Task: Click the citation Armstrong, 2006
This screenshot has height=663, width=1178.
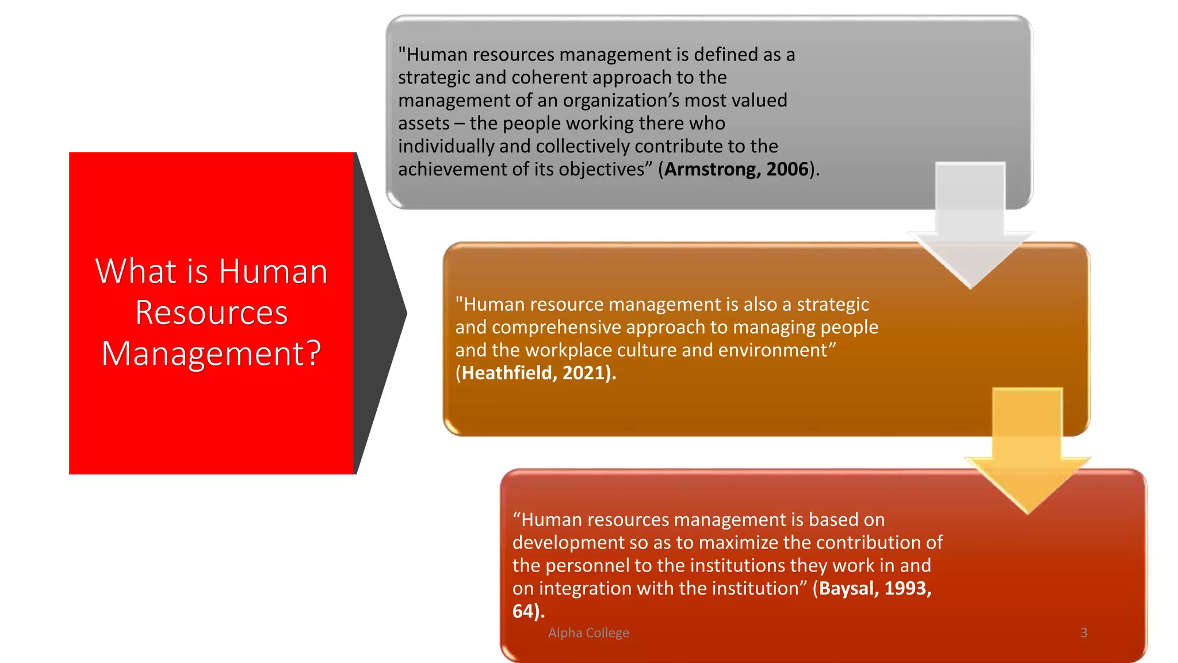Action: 736,169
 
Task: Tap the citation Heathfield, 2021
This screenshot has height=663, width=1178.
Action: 536,373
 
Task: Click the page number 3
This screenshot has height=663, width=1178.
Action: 1084,632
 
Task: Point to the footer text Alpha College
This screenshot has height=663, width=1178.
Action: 588,632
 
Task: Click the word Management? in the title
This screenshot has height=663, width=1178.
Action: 211,353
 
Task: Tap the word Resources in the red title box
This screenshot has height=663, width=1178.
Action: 211,313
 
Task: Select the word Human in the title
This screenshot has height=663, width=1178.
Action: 273,271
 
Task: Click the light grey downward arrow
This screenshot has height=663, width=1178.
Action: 970,230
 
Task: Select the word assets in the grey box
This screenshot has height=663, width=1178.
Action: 423,124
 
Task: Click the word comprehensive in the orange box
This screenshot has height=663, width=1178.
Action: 556,327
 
